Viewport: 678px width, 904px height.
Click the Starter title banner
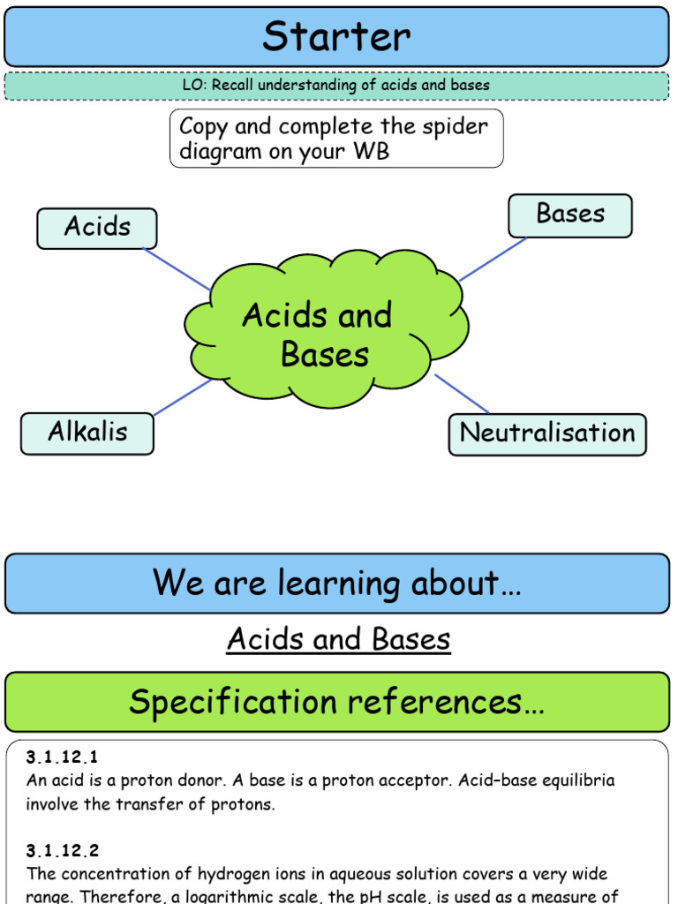click(x=336, y=37)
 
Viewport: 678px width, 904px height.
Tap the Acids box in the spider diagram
click(x=97, y=228)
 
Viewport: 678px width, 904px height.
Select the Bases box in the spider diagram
click(x=570, y=215)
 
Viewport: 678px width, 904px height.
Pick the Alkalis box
click(x=87, y=433)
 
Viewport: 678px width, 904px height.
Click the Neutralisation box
click(x=547, y=434)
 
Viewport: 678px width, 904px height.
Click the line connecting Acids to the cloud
click(x=177, y=268)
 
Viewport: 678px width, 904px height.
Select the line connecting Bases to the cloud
click(x=493, y=259)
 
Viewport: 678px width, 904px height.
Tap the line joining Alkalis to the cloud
click(x=182, y=397)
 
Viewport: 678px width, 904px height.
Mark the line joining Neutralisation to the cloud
click(x=462, y=394)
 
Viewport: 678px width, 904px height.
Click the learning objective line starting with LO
click(x=336, y=86)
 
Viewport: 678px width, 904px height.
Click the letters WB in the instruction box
click(x=370, y=151)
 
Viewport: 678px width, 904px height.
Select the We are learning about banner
click(x=336, y=584)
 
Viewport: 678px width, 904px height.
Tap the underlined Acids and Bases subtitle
click(x=339, y=639)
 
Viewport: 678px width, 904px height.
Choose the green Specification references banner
click(x=336, y=702)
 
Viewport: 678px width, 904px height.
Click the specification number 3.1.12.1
click(x=63, y=757)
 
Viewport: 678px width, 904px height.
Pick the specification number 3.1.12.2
click(x=63, y=851)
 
